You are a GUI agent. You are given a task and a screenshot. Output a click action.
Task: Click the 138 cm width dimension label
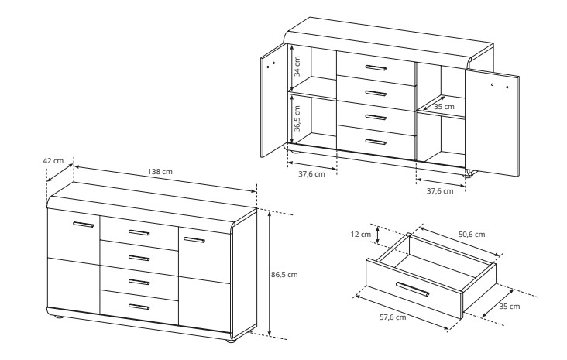point(160,171)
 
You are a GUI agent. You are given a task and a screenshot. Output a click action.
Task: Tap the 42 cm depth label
point(53,161)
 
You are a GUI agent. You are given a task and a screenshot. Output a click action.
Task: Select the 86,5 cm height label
point(284,275)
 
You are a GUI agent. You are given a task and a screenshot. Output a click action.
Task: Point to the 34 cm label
point(297,66)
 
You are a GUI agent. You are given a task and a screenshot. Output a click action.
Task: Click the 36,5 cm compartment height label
point(297,118)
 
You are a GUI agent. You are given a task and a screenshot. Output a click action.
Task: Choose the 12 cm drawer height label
point(361,235)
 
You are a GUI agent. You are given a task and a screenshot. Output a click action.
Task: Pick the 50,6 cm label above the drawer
point(472,235)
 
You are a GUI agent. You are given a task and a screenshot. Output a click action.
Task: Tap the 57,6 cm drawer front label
point(393,317)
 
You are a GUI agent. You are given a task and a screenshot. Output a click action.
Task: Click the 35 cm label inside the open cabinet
point(444,107)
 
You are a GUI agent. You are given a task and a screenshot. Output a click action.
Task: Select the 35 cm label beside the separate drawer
point(510,307)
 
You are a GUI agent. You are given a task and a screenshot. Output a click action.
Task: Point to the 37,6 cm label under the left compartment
point(311,174)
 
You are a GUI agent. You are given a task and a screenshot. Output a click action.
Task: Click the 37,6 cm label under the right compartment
point(440,191)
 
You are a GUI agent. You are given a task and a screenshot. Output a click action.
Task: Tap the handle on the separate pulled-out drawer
point(413,289)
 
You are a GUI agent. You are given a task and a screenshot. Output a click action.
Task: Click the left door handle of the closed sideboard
point(83,225)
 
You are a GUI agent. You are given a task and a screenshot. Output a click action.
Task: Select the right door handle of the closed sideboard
point(194,239)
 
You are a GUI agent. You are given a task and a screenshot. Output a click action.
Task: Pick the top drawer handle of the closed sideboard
point(139,232)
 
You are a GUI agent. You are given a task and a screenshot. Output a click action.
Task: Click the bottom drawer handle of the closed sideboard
point(139,307)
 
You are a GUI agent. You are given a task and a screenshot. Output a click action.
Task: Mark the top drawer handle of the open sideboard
point(376,68)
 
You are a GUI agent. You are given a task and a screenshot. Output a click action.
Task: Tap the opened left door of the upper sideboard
point(273,101)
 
